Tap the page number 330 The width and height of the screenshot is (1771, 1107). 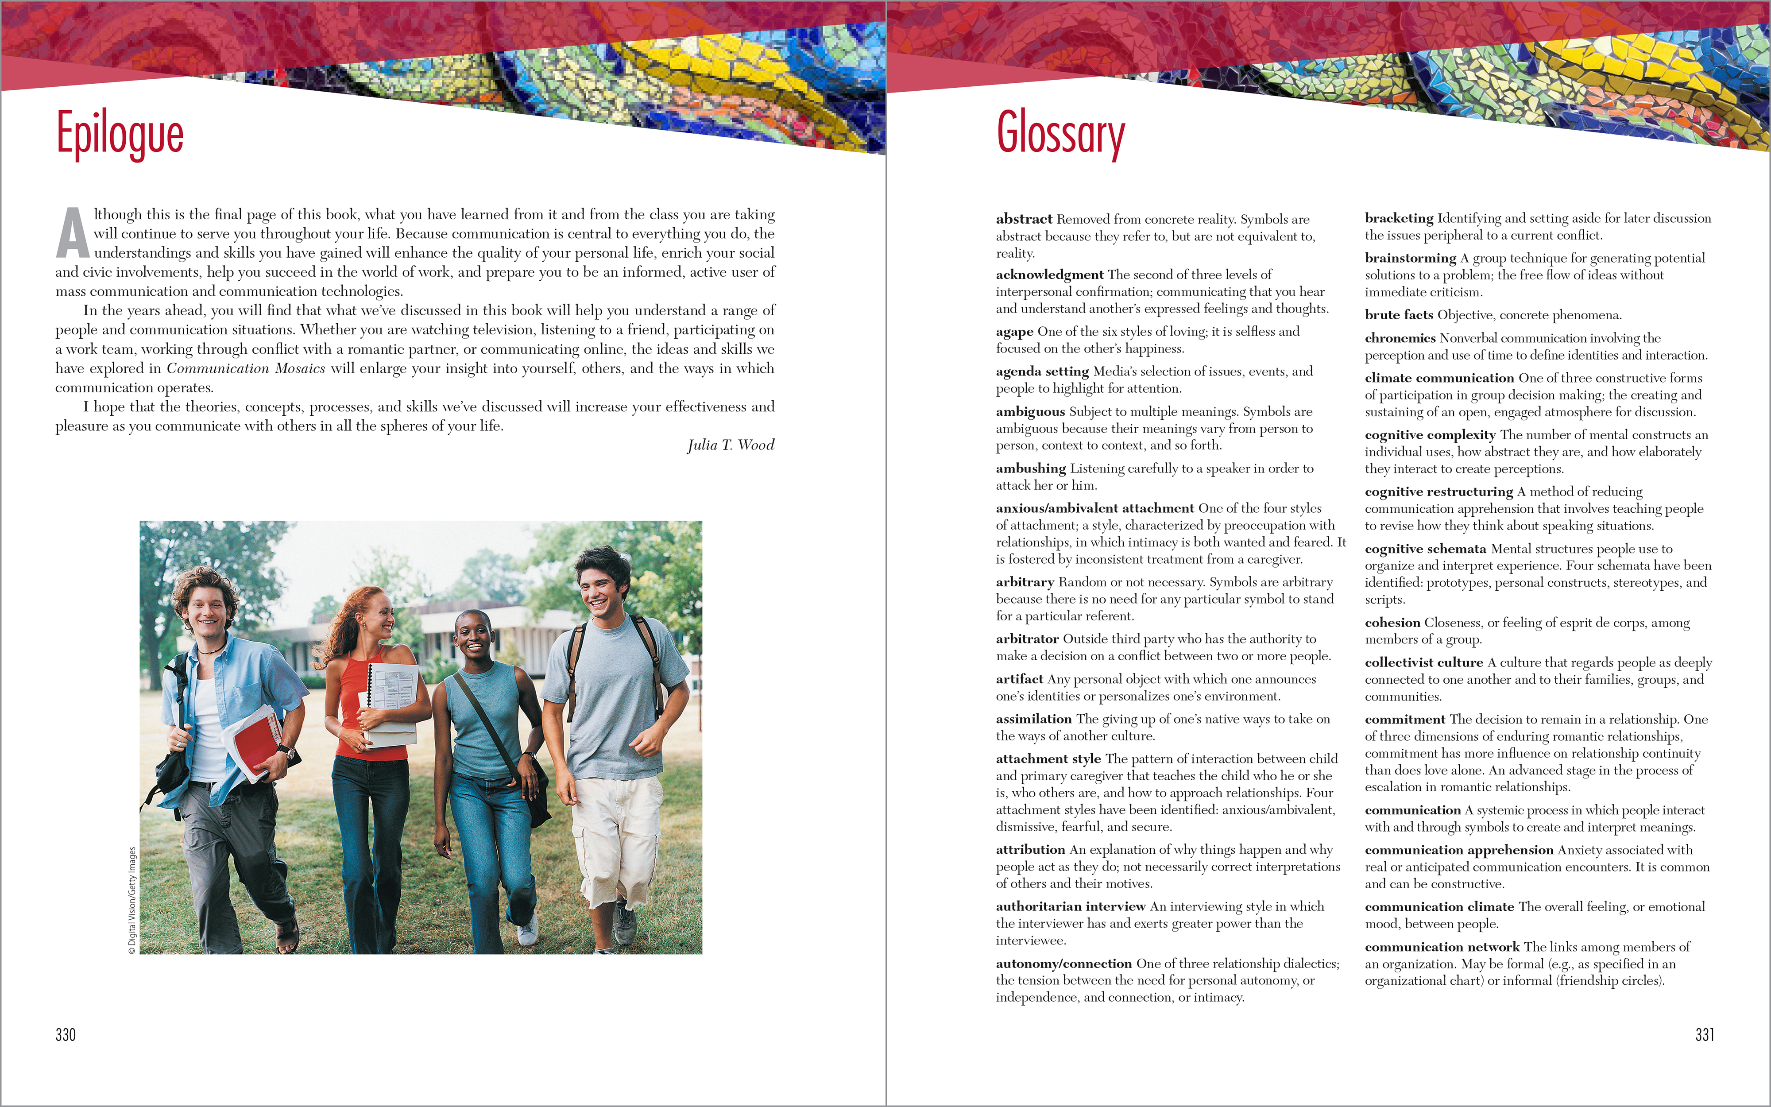(x=65, y=1034)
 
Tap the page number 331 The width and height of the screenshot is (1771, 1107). (x=1705, y=1034)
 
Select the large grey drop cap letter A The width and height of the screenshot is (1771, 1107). (x=73, y=233)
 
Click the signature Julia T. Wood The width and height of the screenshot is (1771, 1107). (x=731, y=445)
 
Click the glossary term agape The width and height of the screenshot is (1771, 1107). (x=1014, y=332)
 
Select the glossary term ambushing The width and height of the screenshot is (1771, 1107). (x=1030, y=468)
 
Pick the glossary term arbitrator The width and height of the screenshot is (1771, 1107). (x=1027, y=639)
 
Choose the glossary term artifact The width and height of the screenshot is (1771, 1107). (x=1019, y=679)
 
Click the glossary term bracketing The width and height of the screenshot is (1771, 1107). (x=1399, y=218)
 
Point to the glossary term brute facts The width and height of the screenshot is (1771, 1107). (x=1399, y=315)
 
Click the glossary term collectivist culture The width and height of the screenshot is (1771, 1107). (x=1423, y=662)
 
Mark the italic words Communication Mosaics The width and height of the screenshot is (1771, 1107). (x=246, y=368)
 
